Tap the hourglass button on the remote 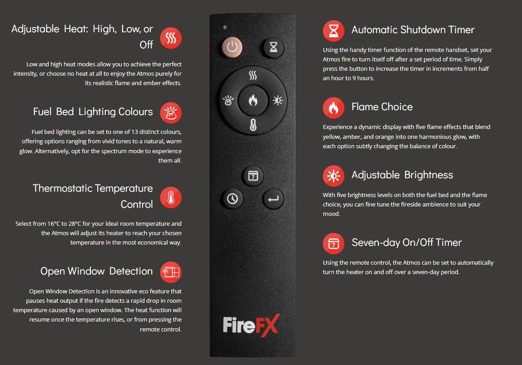[273, 47]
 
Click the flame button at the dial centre [253, 100]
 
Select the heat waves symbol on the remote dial [253, 76]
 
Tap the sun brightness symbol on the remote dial [278, 100]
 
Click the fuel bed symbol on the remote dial [228, 100]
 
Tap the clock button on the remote [232, 199]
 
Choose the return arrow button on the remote [273, 199]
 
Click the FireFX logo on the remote [251, 325]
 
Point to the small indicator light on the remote [225, 27]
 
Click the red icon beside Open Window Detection [171, 272]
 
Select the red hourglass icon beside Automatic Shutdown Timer [334, 30]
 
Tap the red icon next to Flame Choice [334, 107]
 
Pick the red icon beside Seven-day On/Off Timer [334, 244]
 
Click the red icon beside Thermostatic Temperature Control [171, 198]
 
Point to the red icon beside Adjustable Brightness [334, 176]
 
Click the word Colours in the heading [135, 112]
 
